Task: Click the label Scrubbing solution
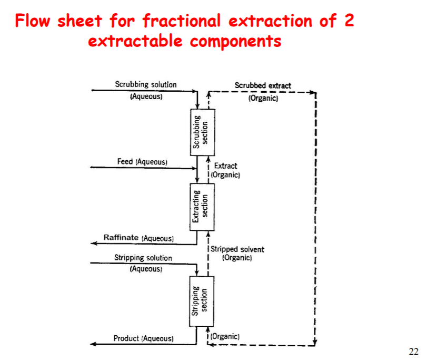146,84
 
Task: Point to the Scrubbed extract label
263,85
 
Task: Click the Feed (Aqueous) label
142,161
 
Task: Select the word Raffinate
121,238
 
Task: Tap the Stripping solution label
143,258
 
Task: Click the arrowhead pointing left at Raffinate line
94,244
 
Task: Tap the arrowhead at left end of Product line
93,344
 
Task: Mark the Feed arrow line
142,168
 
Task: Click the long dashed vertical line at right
315,221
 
